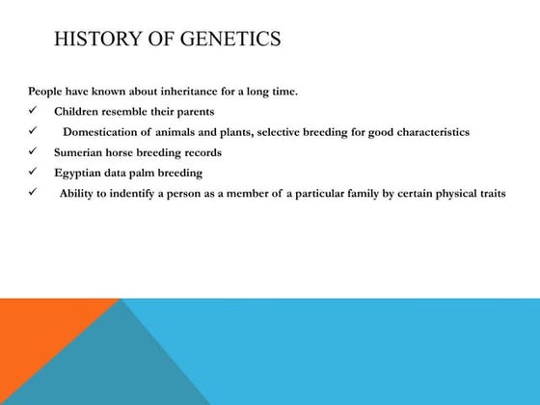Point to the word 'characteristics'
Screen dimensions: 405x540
[x=431, y=132]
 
